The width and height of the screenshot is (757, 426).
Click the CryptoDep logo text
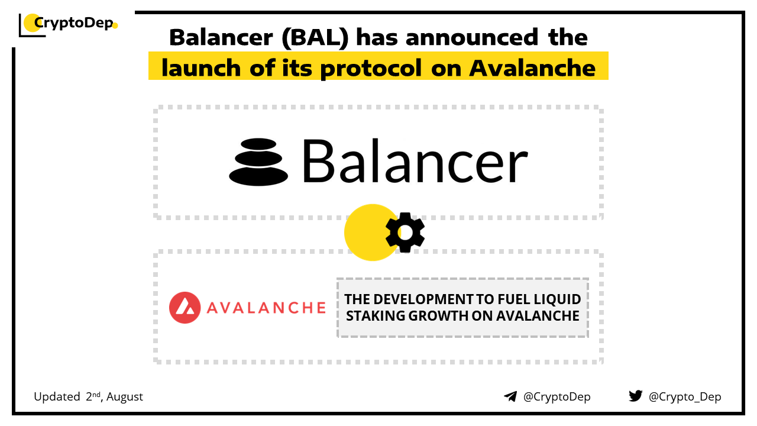(x=74, y=23)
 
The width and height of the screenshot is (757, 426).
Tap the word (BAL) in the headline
(x=315, y=37)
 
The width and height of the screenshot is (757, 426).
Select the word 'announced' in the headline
(x=472, y=37)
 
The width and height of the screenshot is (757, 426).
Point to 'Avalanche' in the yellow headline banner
(x=532, y=68)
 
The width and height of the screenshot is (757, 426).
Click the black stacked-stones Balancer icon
(x=258, y=162)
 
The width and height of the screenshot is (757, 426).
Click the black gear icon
(x=405, y=233)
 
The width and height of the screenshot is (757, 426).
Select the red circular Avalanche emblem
(x=185, y=308)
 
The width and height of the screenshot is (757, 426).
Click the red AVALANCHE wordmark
(x=266, y=308)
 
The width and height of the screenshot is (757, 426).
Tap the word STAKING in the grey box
(x=376, y=316)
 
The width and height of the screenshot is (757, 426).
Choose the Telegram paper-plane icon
(x=510, y=396)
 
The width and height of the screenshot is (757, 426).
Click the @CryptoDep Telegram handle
(x=557, y=397)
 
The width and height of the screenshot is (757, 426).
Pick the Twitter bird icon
(x=635, y=396)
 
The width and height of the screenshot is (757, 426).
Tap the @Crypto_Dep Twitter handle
(x=685, y=397)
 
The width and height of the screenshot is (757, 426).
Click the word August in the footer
(x=125, y=397)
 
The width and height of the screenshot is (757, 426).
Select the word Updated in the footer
(x=57, y=396)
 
